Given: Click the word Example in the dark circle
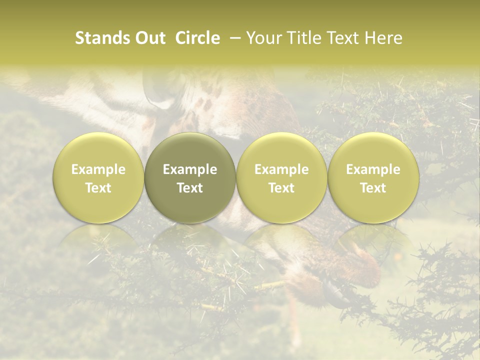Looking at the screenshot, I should pos(190,170).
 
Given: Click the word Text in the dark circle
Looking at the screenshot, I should pos(190,188).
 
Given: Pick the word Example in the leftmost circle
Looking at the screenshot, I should pos(98,170).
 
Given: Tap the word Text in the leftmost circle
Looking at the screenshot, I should pos(98,188).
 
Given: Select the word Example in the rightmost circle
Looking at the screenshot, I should pos(373,170).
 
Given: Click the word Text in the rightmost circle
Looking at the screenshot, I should pos(373,188).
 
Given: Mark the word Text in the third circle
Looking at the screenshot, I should pos(281,188).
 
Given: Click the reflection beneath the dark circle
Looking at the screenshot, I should pos(190,240).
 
